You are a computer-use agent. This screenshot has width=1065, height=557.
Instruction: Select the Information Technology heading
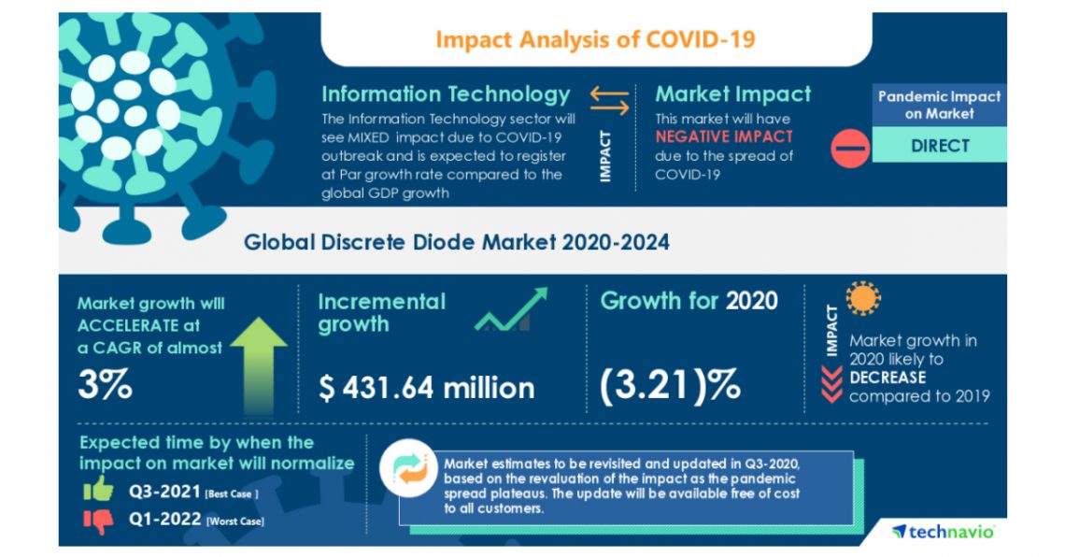pos(445,94)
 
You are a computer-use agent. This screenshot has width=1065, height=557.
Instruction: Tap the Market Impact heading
pos(732,94)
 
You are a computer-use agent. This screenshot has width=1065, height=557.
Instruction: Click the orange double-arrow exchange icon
pos(610,95)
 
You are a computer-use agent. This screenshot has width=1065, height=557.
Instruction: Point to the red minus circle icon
pos(850,148)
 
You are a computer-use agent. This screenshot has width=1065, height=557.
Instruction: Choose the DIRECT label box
pos(939,146)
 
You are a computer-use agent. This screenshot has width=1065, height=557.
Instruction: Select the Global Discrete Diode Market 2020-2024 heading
pos(456,243)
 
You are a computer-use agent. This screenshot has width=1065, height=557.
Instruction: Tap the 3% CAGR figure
pos(104,385)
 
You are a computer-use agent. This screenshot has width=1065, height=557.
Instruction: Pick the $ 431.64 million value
pos(426,387)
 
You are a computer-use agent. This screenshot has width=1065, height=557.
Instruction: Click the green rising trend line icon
pos(510,310)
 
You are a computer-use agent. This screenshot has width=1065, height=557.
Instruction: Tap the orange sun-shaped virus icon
pos(863,299)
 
